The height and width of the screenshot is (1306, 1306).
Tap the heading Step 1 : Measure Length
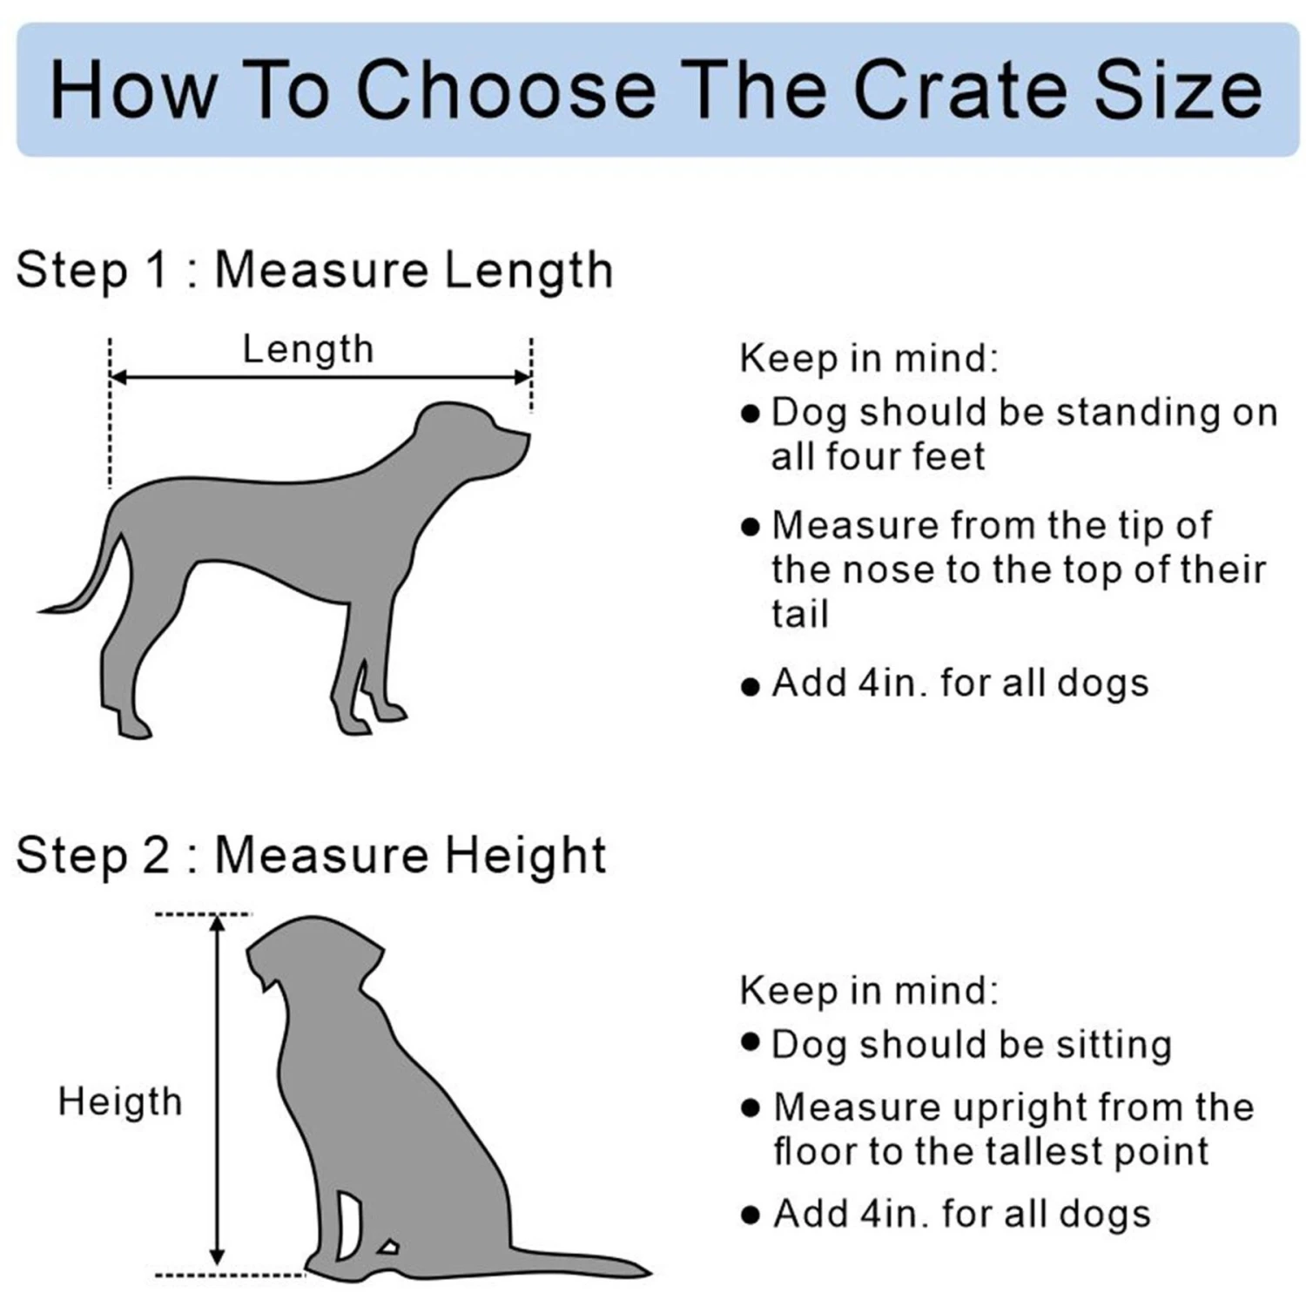click(x=314, y=269)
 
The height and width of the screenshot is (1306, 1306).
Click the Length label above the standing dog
click(x=308, y=349)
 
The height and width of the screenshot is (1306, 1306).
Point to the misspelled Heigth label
click(x=120, y=1101)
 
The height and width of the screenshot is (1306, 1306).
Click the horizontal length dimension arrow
click(x=320, y=377)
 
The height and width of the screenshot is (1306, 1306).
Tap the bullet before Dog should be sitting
click(x=751, y=1042)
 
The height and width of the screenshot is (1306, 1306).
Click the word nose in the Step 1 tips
click(x=880, y=570)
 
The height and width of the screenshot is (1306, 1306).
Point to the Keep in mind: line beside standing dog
click(x=869, y=358)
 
